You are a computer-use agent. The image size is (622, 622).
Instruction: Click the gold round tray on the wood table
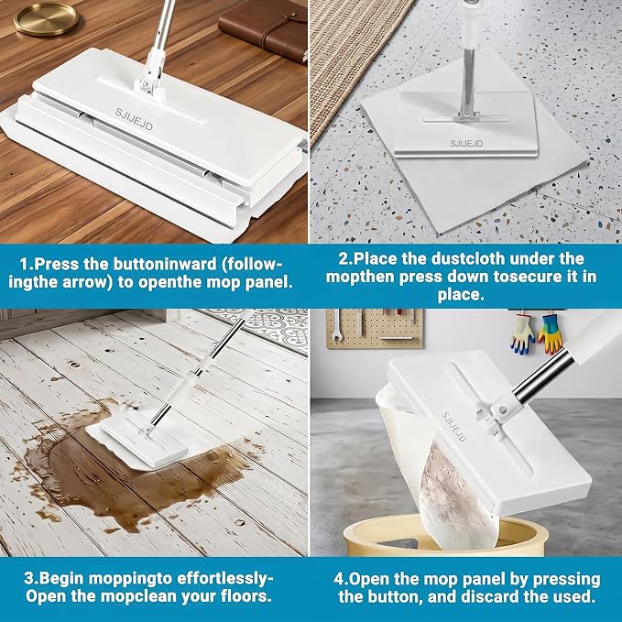click(x=46, y=20)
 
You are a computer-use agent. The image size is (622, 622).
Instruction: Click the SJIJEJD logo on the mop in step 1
click(x=134, y=118)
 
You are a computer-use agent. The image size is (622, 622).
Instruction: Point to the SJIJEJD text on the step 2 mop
click(x=466, y=144)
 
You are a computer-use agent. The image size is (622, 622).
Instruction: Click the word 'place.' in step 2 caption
click(x=461, y=295)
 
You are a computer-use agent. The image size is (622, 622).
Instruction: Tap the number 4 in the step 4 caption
click(x=338, y=579)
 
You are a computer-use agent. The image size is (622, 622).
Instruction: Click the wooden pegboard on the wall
click(x=375, y=328)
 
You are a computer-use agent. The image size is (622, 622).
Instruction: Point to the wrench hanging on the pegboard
click(x=336, y=325)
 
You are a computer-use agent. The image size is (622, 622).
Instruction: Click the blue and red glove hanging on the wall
click(x=523, y=334)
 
